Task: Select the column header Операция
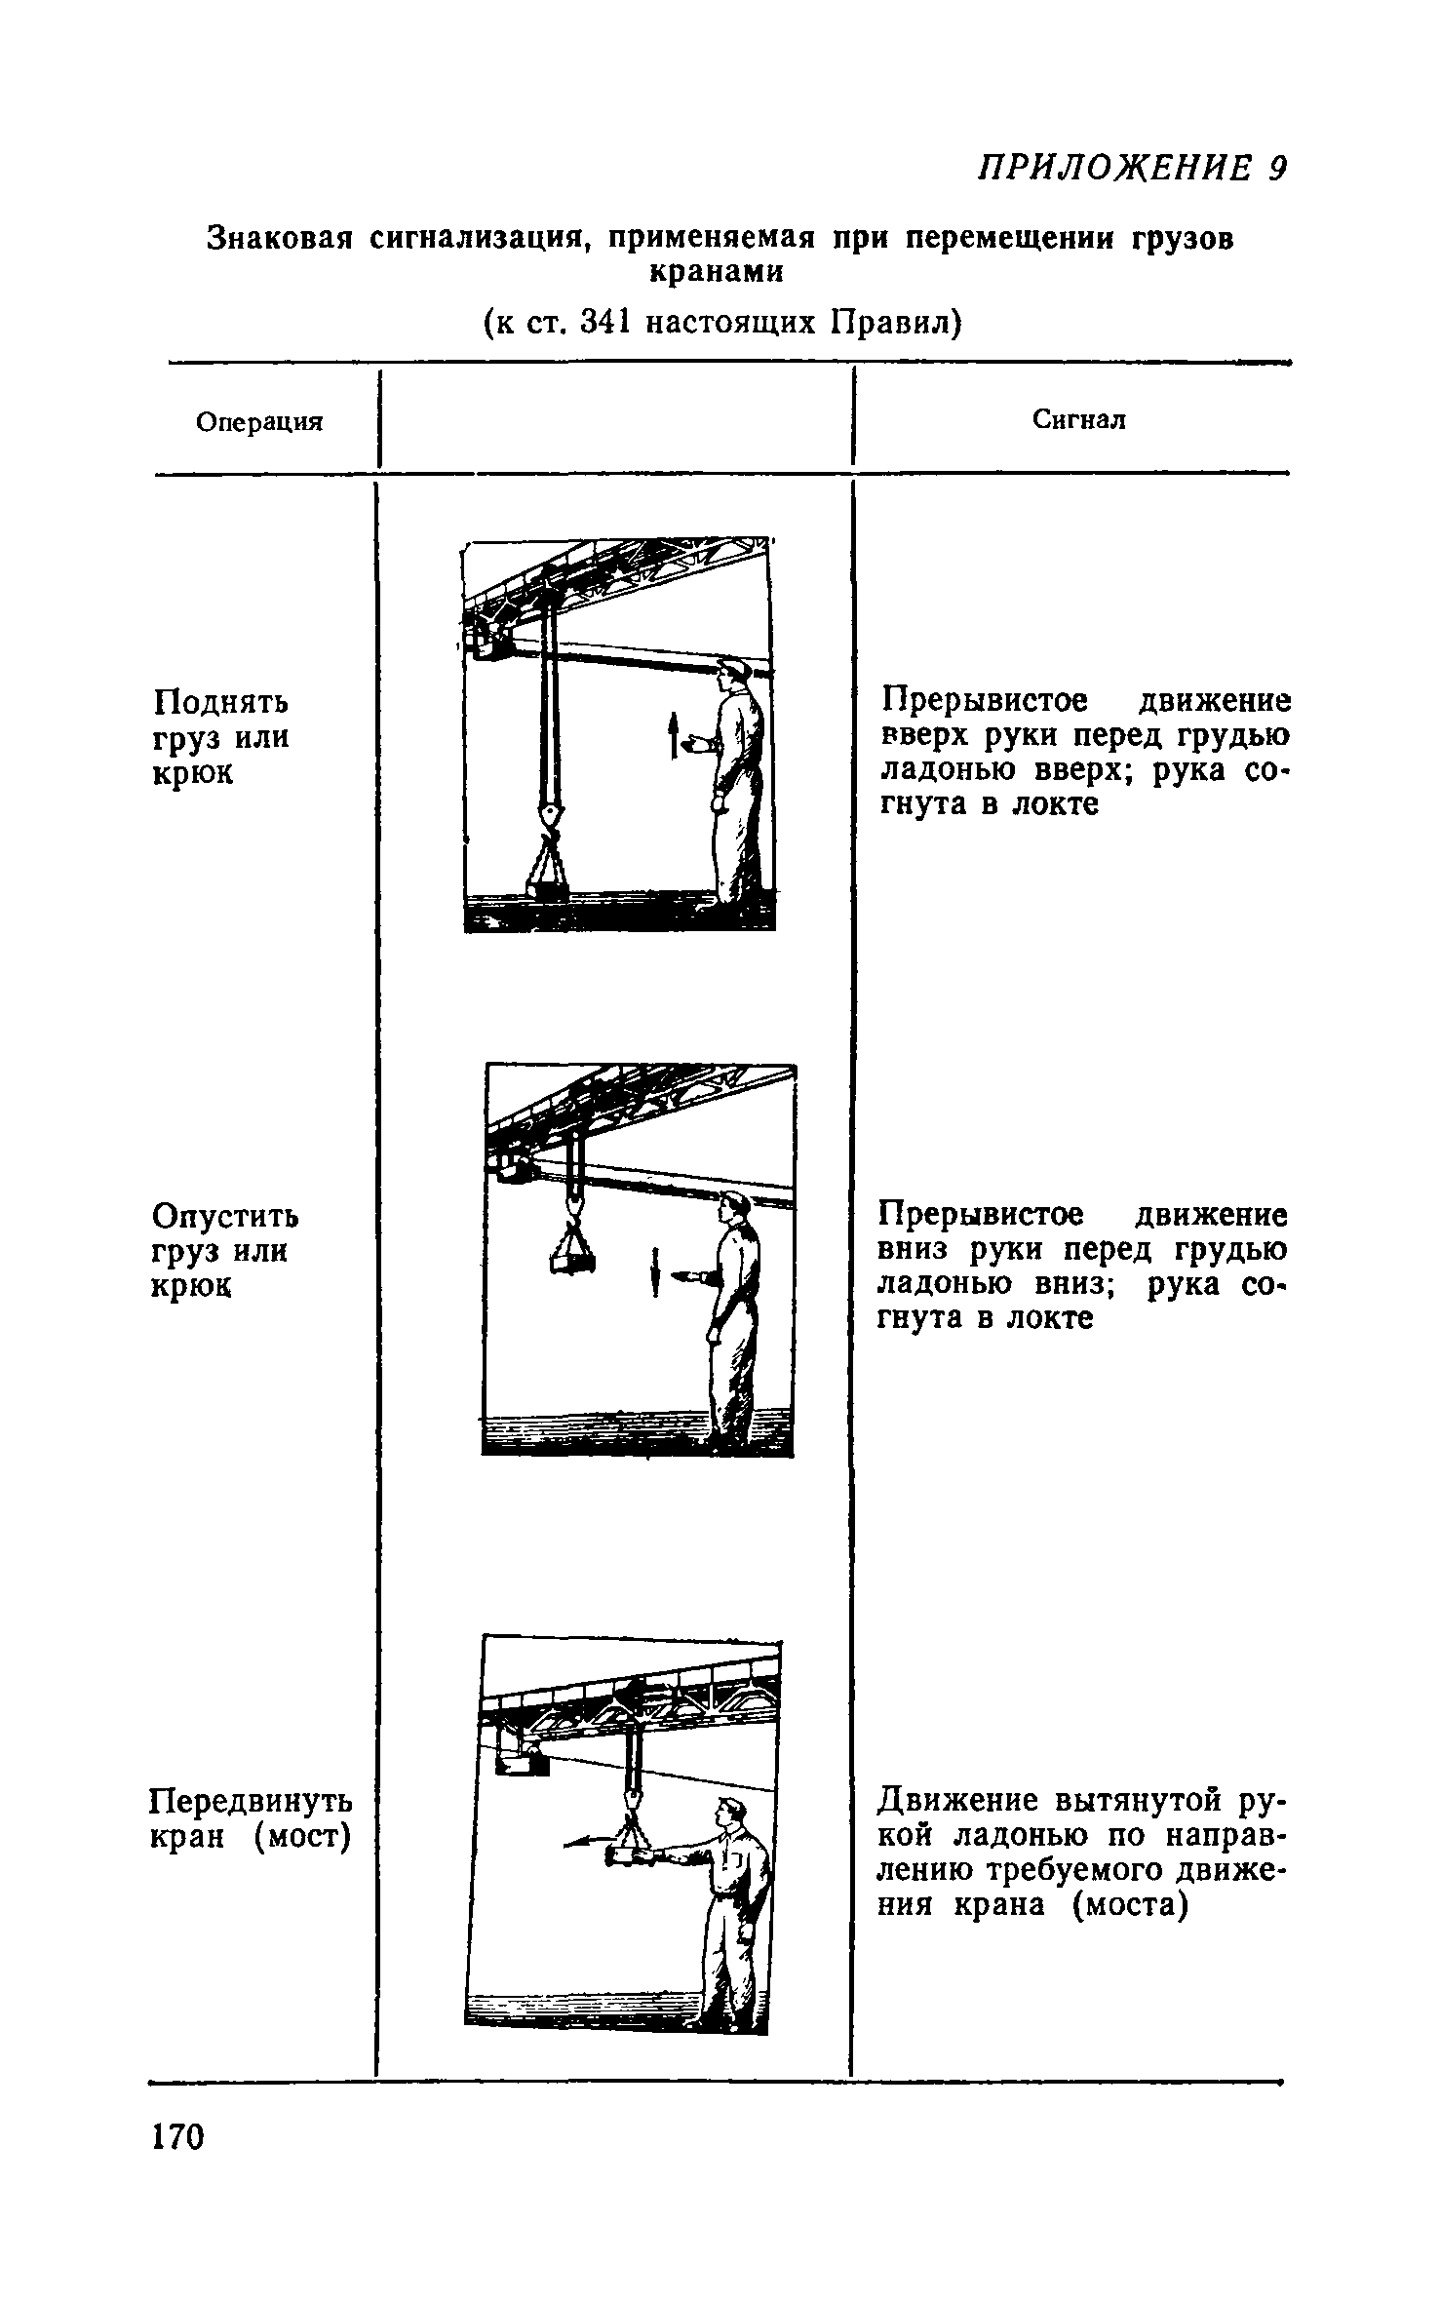tap(259, 422)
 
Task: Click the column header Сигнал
tap(1078, 419)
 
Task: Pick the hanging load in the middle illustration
tap(572, 1258)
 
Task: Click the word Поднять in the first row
tap(221, 702)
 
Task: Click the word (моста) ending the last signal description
tap(1130, 1903)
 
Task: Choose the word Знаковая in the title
tap(279, 238)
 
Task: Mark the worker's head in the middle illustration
tap(731, 1209)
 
